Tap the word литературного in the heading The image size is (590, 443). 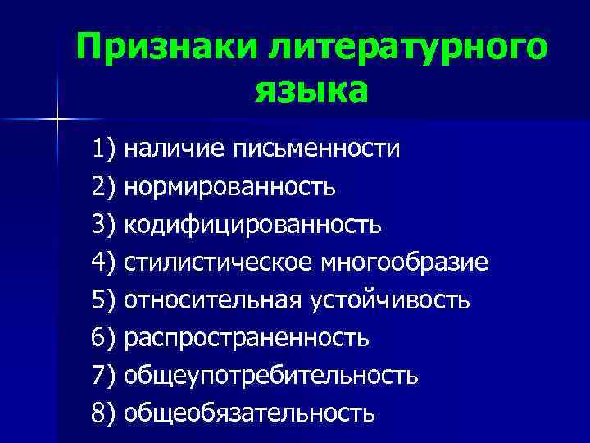tap(404, 48)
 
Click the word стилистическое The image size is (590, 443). tap(216, 263)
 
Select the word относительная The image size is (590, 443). tap(213, 300)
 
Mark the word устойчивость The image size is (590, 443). tap(390, 300)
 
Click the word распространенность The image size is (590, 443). tap(247, 337)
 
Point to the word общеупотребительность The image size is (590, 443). tap(271, 375)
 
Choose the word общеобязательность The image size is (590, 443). tap(249, 413)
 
